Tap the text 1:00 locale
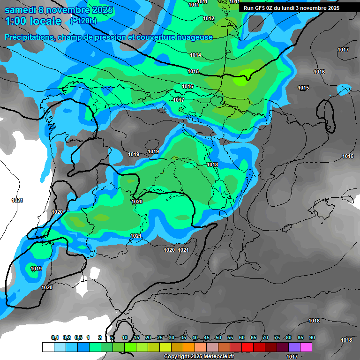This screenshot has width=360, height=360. click(33, 21)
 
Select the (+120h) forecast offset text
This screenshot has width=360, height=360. click(83, 21)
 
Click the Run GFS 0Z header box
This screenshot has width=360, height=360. click(292, 7)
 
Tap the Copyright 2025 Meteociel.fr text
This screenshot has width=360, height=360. click(199, 356)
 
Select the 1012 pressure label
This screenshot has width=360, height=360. click(209, 19)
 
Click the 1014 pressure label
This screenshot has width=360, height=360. click(195, 55)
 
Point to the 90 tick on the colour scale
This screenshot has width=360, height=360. click(312, 338)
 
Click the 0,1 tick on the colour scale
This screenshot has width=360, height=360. click(55, 338)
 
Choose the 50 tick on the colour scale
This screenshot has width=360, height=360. click(218, 338)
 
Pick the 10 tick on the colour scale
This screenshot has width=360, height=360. click(125, 338)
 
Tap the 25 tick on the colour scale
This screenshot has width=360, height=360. click(160, 338)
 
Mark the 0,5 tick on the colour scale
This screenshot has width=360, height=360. click(78, 338)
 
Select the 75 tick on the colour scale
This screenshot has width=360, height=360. click(277, 338)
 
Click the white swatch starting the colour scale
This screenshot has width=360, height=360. click(48, 347)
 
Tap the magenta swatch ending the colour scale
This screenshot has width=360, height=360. click(306, 347)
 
